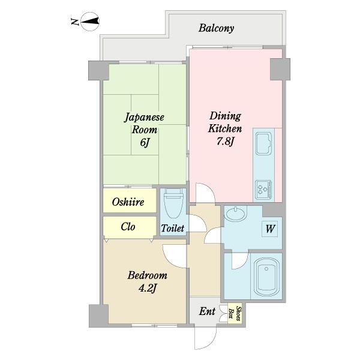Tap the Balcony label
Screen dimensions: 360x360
(x=216, y=28)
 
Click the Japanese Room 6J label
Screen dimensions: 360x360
(x=145, y=130)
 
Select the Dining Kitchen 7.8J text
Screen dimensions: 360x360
(x=225, y=128)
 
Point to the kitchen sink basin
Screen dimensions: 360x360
(x=263, y=143)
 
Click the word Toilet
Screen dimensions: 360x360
(x=172, y=228)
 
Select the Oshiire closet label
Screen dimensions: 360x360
(x=128, y=202)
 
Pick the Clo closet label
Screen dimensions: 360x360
(x=128, y=227)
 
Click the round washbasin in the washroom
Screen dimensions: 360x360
(x=235, y=214)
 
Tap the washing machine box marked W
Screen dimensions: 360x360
(x=270, y=229)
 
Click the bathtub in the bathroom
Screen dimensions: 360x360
(x=266, y=277)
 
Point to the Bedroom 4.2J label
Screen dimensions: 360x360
(x=147, y=282)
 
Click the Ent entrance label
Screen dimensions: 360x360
(x=207, y=311)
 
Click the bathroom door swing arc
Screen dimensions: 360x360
(x=244, y=264)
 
